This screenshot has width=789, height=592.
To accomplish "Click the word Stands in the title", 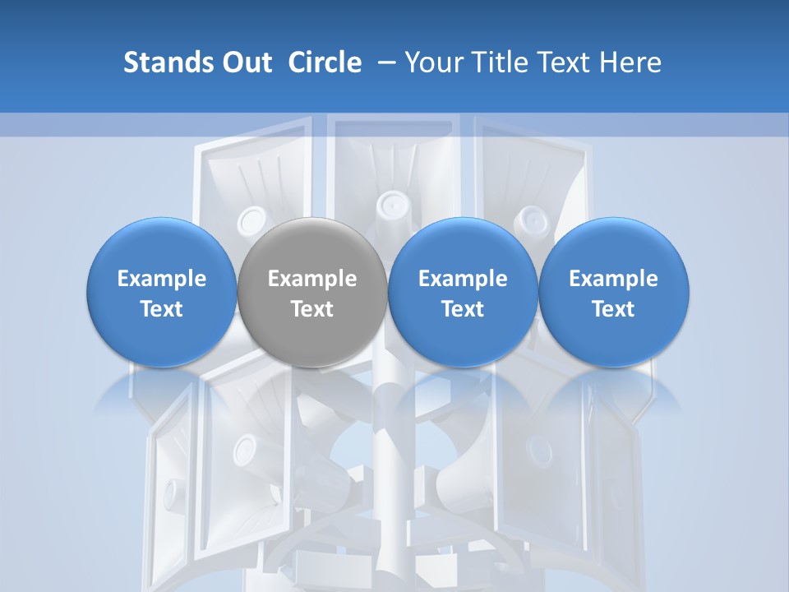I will (x=166, y=62).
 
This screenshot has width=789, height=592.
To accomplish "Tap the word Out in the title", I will (x=244, y=62).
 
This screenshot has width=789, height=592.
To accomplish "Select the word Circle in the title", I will (x=325, y=62).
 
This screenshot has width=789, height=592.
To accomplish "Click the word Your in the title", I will (x=430, y=62).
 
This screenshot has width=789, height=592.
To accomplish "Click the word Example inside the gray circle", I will (x=312, y=279).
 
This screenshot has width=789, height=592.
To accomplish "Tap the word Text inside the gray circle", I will (x=312, y=309).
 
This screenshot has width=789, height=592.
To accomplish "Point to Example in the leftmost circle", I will (x=162, y=279).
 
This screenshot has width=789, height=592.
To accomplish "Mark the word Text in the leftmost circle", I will (x=162, y=309).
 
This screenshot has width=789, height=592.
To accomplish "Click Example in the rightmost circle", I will (x=614, y=279).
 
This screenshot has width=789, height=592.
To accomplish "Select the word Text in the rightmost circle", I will (x=614, y=309).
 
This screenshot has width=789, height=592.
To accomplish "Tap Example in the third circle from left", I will (x=463, y=279).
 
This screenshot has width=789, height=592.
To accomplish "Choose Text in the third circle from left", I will (x=463, y=309).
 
